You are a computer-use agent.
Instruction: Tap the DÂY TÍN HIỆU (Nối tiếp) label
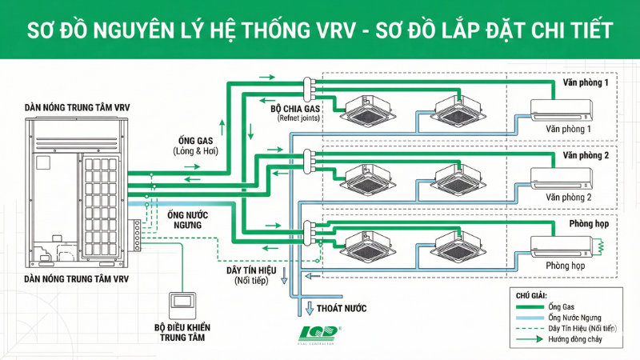[252, 275]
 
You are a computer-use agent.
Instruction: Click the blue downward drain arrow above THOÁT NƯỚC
[310, 306]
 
